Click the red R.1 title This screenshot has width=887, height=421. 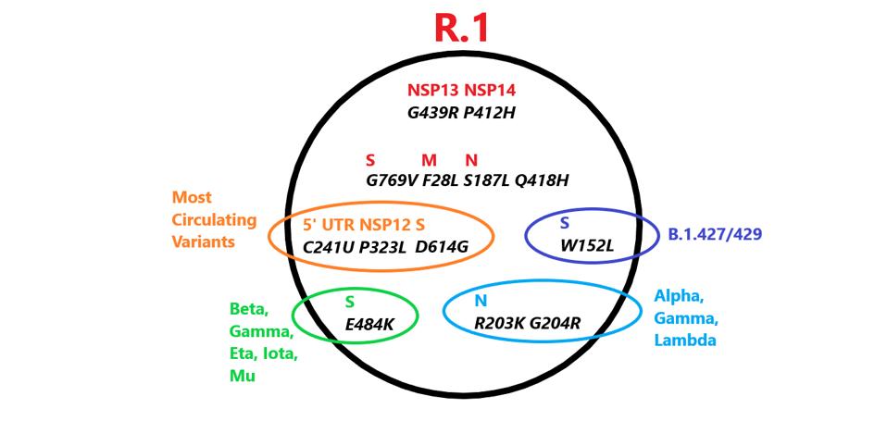tap(461, 28)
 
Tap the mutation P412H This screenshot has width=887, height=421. tap(489, 113)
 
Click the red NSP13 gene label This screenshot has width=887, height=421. tap(433, 91)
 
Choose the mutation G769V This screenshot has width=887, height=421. tap(393, 180)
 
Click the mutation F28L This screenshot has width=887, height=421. tap(441, 180)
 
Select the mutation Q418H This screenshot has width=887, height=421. tap(541, 180)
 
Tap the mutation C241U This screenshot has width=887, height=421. tap(328, 247)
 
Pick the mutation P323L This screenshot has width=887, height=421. tap(383, 247)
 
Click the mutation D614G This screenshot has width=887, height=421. tap(442, 247)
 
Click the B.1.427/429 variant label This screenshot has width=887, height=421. tap(715, 234)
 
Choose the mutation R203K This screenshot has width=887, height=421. tap(500, 324)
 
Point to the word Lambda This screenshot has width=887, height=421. tap(685, 340)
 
